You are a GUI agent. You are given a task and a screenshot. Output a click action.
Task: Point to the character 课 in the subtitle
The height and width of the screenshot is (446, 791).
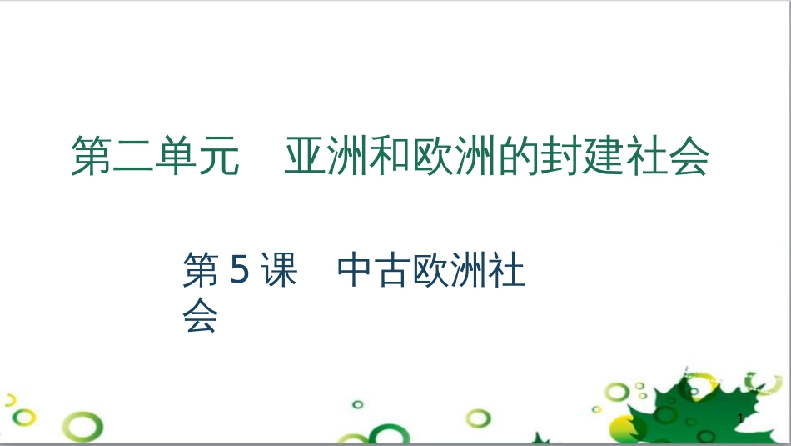[x=277, y=271]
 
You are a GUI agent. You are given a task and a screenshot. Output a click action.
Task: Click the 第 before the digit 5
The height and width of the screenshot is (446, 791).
[x=201, y=271]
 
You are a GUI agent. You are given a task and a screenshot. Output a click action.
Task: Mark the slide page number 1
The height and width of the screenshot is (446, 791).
[x=740, y=422]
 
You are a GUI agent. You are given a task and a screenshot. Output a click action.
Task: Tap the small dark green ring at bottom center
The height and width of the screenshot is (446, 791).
[x=357, y=404]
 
